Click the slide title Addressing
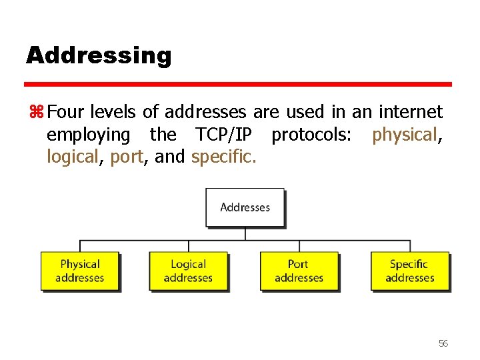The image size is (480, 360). tap(99, 55)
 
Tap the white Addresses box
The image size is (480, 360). tap(245, 207)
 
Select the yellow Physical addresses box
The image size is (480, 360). tap(80, 271)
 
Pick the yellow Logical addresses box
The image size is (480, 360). tap(188, 271)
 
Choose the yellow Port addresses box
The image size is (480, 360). tap(299, 271)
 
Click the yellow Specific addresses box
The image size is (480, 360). tap(409, 271)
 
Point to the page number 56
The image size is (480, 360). tap(443, 343)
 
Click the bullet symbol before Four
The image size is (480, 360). tap(35, 111)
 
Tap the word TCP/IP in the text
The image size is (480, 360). tap(223, 135)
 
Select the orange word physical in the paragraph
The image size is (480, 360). tap(404, 135)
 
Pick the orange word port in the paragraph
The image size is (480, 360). tap(126, 158)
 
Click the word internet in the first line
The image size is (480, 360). tap(410, 111)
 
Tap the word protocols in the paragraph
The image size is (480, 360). tap(309, 135)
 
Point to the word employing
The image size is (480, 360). tap(89, 135)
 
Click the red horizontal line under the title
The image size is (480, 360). tap(238, 85)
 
